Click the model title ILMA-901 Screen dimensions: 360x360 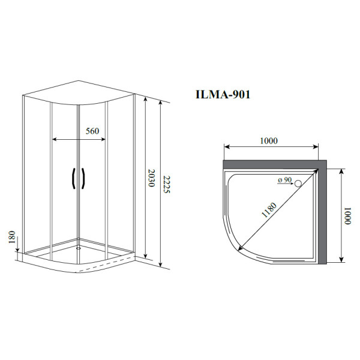pos(223,94)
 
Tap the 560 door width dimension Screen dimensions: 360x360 pos(92,131)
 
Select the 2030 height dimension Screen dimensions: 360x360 pos(151,178)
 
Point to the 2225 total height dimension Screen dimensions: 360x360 pos(167,184)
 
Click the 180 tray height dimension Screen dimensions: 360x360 pos(12,238)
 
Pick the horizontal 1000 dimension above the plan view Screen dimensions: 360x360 pos(269,140)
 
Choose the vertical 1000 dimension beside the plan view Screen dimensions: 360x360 pos(347,216)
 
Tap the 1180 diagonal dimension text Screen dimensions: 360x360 pos(269,210)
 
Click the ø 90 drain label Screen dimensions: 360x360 pos(284,180)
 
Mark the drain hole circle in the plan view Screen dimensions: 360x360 pos(298,184)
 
